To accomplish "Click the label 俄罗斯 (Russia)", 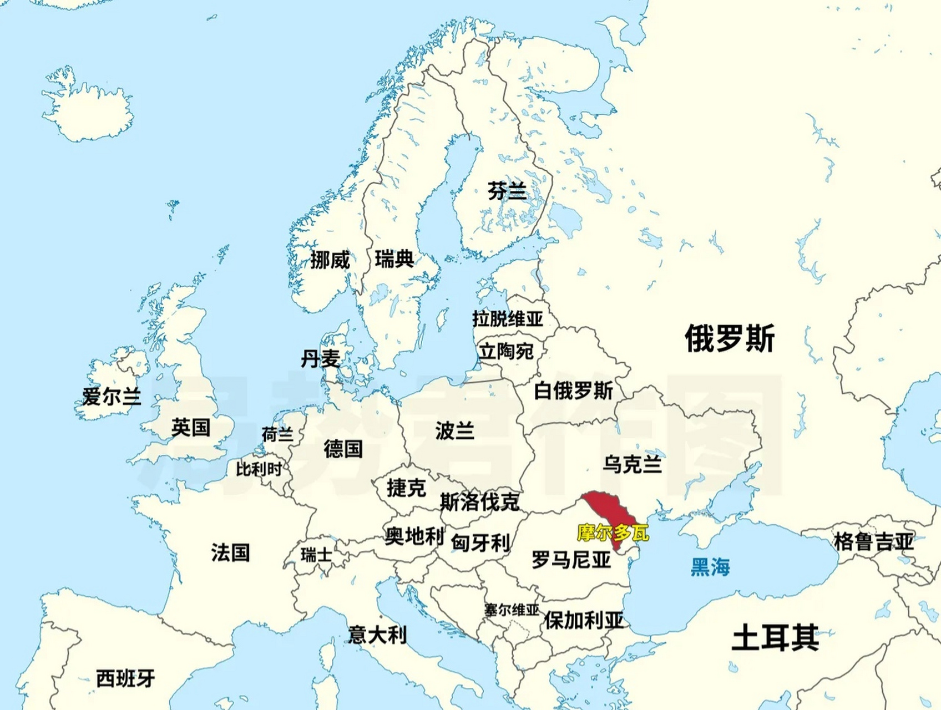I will (x=729, y=338).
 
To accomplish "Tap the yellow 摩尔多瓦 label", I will (x=613, y=533).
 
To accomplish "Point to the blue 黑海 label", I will (x=710, y=567).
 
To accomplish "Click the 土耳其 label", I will (x=775, y=637).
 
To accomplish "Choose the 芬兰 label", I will (x=507, y=191).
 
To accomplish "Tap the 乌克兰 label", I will (x=632, y=464).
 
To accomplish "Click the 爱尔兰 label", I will (x=112, y=397).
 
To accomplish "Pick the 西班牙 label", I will (x=125, y=678).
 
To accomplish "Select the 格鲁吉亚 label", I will (x=873, y=541).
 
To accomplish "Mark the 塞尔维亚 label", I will (x=511, y=610).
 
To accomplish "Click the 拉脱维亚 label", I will (x=507, y=319).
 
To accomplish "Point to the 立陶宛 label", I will (x=506, y=351).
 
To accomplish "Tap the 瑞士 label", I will (x=316, y=554).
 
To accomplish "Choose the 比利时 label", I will (x=259, y=469).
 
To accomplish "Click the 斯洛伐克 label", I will (x=479, y=502).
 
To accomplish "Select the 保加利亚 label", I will (x=583, y=620).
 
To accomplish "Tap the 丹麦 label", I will (x=320, y=359).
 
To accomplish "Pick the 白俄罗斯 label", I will (x=573, y=390).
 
